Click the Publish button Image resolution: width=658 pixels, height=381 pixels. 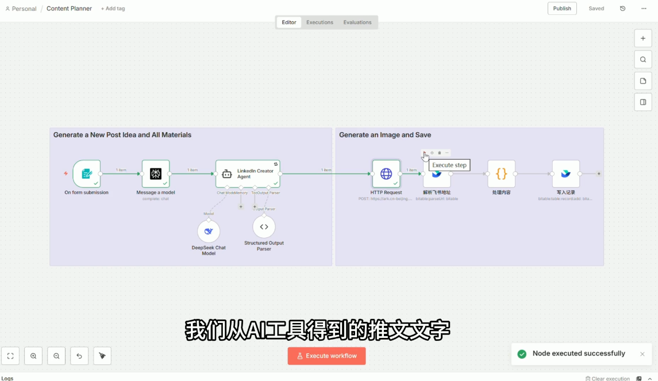tap(561, 9)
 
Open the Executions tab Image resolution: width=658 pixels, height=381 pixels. tap(320, 22)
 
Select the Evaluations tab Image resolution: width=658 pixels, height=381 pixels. tap(357, 22)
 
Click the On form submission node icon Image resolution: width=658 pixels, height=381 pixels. tap(87, 174)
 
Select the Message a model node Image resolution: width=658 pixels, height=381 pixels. tap(156, 174)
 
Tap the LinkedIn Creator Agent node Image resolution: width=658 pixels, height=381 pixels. tap(248, 174)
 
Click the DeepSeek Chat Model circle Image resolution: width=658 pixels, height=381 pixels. tap(209, 231)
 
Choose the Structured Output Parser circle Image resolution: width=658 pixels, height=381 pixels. tap(264, 227)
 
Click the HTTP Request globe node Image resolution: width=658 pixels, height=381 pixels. tap(386, 174)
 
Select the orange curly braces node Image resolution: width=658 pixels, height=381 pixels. tap(501, 174)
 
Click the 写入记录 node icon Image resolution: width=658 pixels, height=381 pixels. tap(565, 174)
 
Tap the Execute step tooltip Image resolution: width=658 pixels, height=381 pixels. tap(449, 166)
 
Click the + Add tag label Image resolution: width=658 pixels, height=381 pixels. tap(113, 9)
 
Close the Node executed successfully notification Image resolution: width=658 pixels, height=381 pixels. tap(642, 354)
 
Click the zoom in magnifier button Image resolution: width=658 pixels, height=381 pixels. tap(33, 356)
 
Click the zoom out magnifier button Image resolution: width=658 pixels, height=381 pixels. tap(56, 356)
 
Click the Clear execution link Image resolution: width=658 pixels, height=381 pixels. tap(607, 379)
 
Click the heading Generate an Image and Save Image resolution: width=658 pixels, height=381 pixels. tap(385, 135)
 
